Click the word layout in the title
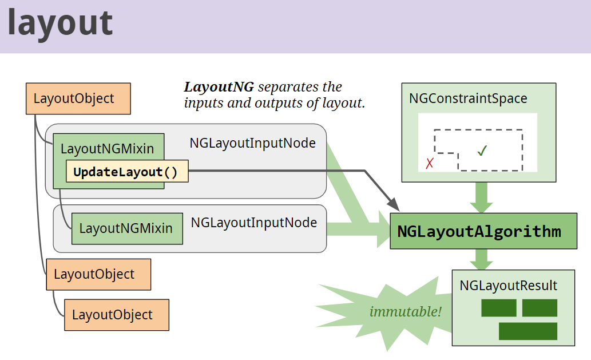[x=60, y=23]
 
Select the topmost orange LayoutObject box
[x=78, y=98]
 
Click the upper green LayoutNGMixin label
[x=107, y=149]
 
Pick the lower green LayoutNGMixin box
[x=126, y=228]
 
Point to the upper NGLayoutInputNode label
[x=252, y=143]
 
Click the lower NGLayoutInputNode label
[x=253, y=223]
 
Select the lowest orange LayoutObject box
[x=117, y=315]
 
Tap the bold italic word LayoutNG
[x=219, y=88]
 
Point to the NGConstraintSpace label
[x=468, y=98]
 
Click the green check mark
[x=482, y=151]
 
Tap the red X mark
[x=430, y=164]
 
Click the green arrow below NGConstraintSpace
[x=481, y=198]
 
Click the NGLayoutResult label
[x=508, y=286]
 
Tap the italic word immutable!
[x=406, y=312]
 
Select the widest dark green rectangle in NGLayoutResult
[x=527, y=331]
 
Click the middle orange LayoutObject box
[x=98, y=274]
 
